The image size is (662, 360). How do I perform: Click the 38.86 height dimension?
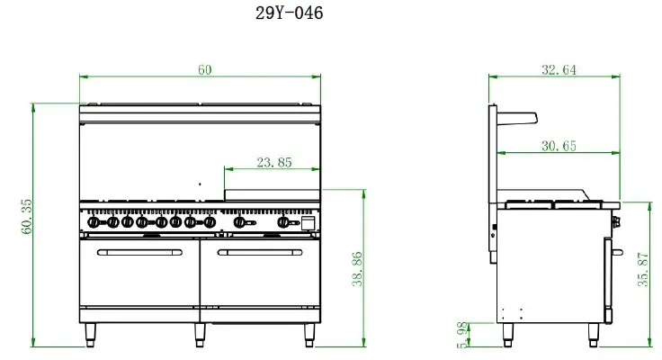(x=357, y=269)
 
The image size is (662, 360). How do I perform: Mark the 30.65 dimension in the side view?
(x=559, y=146)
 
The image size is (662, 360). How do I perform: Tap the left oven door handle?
(x=139, y=252)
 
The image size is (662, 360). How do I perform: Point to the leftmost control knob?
(x=94, y=221)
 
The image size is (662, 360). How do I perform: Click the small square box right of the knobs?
(x=309, y=221)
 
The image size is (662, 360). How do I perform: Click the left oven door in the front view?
(x=139, y=274)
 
